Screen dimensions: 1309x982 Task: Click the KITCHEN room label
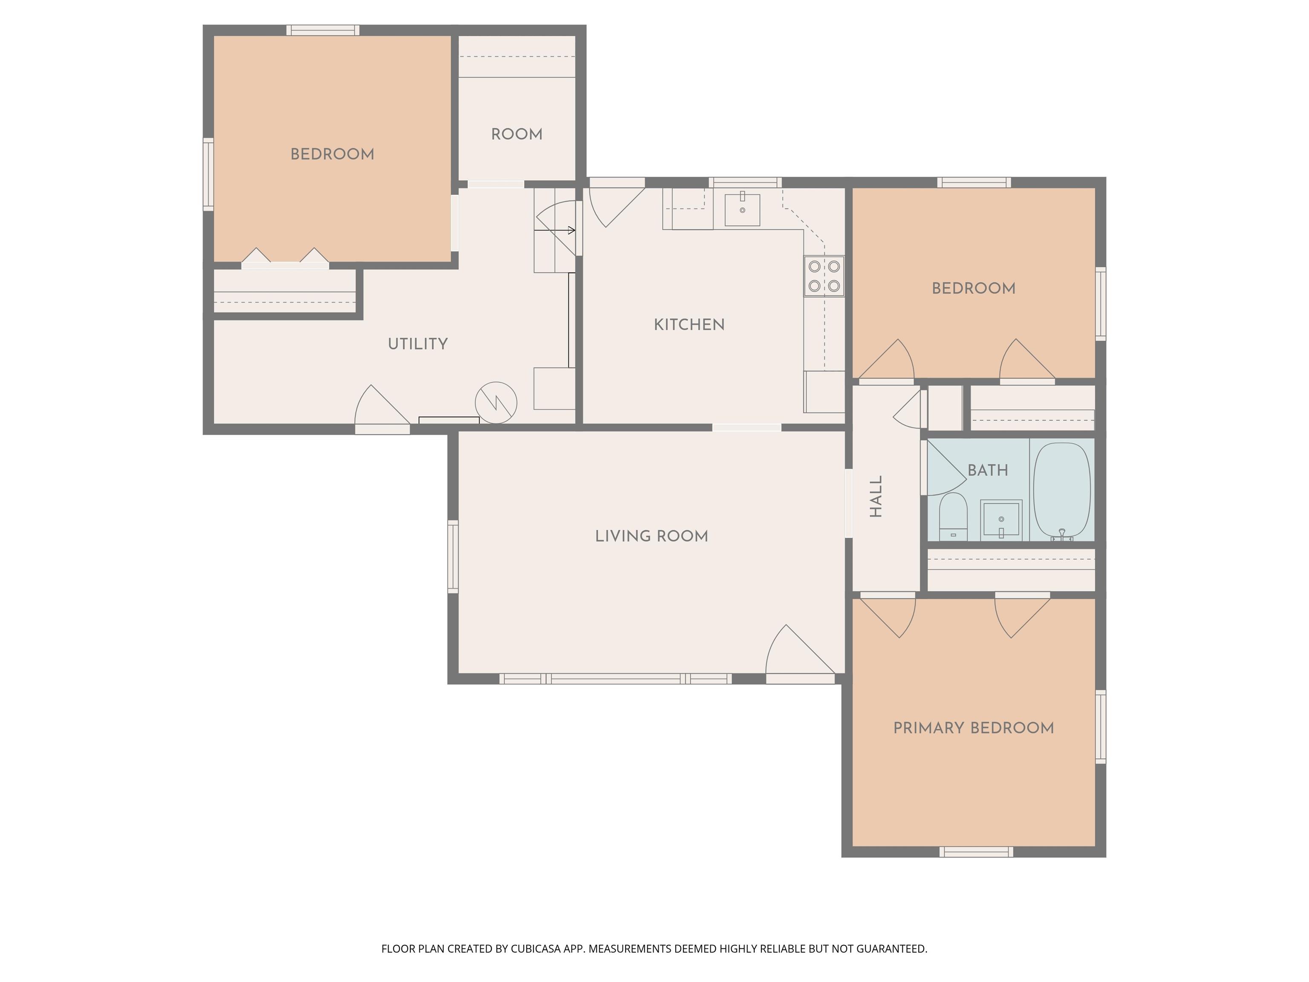coord(689,324)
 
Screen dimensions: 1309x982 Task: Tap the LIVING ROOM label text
coord(652,536)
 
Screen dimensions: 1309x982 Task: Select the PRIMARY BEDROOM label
coord(974,728)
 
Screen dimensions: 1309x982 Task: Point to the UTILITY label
coord(418,344)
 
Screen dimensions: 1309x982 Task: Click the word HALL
coord(877,496)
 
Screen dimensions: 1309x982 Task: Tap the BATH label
coord(988,471)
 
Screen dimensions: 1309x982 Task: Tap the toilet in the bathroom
coord(953,517)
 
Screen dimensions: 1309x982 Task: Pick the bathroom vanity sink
coord(1000,520)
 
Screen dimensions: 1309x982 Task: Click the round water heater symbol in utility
coord(496,402)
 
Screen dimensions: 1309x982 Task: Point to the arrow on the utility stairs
coord(555,230)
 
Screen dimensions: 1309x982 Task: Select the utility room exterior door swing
coord(382,405)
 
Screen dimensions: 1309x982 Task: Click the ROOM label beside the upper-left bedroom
coord(516,134)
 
